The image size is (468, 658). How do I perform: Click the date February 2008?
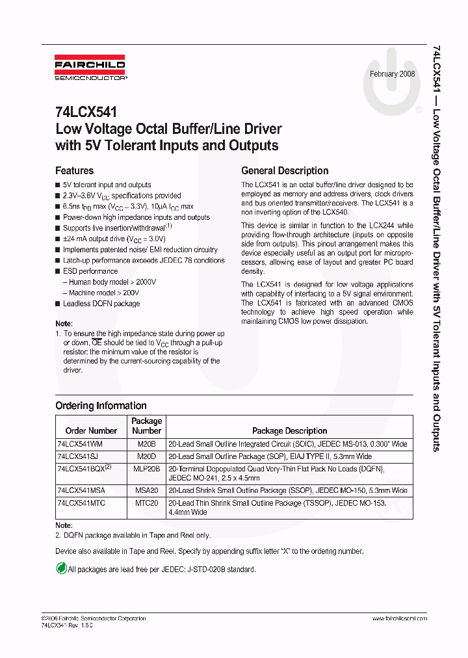point(393,73)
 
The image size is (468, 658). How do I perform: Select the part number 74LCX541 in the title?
point(86,112)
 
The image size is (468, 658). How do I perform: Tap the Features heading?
point(75,171)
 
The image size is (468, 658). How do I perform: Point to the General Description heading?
point(285,171)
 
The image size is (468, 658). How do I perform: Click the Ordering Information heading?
point(101,406)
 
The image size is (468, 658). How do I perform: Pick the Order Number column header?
point(92,430)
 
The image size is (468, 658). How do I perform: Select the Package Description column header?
point(289,430)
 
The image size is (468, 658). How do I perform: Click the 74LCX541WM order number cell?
point(80,443)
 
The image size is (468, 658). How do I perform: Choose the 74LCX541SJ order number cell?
point(78,456)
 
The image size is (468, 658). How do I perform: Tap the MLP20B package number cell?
point(147,469)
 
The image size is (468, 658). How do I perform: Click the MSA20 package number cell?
point(147,490)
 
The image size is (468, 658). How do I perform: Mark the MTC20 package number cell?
point(147,503)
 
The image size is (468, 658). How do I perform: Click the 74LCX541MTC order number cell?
point(81,503)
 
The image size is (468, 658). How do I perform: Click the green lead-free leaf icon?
point(61,569)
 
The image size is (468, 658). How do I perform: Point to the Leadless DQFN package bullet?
point(101,304)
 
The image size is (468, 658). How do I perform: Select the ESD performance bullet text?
point(90,271)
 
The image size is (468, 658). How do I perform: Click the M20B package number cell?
point(147,443)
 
